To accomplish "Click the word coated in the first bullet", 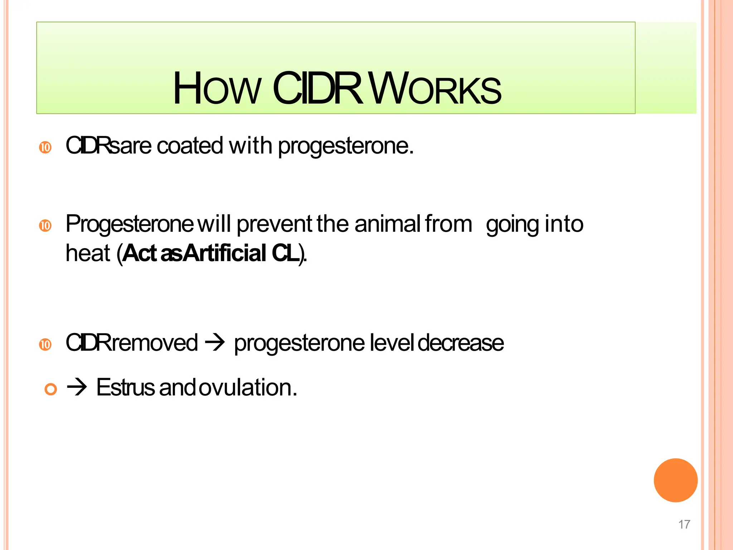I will [190, 146].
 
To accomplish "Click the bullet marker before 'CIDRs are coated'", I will [45, 147].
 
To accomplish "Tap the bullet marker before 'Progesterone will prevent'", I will [45, 226].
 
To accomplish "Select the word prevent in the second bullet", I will [275, 225].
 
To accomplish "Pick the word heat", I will [88, 253].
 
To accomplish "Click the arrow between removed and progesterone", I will [215, 343].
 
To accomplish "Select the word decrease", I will [461, 343].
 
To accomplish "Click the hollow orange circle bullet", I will [51, 389].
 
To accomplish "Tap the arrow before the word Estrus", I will [77, 388].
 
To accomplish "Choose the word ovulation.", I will [248, 387].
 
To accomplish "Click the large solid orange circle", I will [675, 480].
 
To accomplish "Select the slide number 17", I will [684, 525].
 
